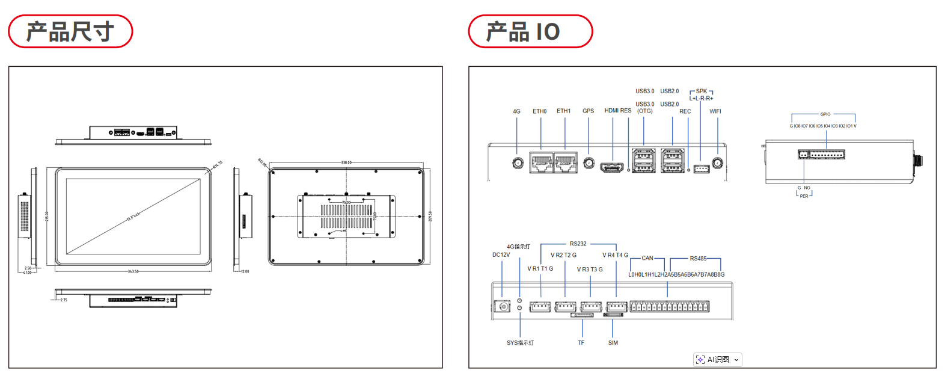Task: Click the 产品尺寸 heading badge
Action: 70,31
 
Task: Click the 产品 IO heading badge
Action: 530,31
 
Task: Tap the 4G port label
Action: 516,111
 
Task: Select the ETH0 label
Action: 539,111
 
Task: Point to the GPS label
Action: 588,111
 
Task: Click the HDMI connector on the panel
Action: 612,167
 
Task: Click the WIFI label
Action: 715,111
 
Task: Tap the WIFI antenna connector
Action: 717,162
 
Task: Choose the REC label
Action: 685,111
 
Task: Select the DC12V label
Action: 501,255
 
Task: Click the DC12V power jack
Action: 502,307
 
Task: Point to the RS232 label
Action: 578,244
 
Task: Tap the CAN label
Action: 647,258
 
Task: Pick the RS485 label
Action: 698,259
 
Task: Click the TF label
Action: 581,343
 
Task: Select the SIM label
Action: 613,343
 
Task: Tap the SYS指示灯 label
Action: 520,343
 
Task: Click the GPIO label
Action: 825,114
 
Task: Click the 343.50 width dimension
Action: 133,271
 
